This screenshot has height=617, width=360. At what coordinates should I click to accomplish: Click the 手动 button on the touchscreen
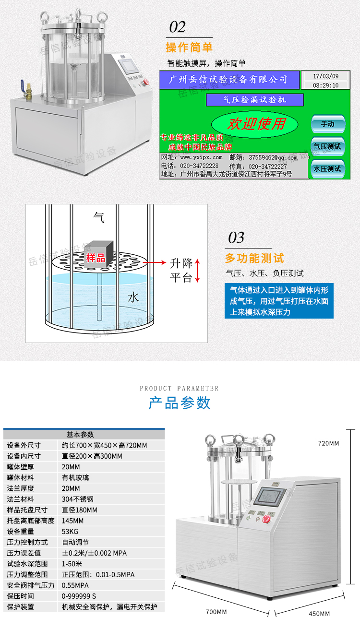click(x=328, y=124)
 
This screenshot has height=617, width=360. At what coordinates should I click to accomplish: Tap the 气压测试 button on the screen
click(x=327, y=146)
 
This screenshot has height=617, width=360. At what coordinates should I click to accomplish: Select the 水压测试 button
click(x=327, y=168)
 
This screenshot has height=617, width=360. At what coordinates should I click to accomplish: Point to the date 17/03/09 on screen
click(x=325, y=76)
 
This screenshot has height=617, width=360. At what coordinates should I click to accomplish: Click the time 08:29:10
click(x=325, y=85)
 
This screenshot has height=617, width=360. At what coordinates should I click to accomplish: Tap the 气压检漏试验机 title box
click(x=255, y=100)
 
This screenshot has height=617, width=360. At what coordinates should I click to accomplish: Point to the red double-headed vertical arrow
click(x=197, y=270)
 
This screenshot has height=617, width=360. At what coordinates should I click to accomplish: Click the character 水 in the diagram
click(x=133, y=297)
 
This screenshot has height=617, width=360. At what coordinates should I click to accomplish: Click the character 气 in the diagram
click(x=99, y=217)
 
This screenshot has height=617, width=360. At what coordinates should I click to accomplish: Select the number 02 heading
click(x=177, y=27)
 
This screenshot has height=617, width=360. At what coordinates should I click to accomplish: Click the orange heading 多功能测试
click(x=254, y=258)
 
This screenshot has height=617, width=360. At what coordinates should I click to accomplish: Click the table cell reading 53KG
click(x=70, y=531)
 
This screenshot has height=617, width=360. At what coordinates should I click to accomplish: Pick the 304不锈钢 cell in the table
click(x=78, y=499)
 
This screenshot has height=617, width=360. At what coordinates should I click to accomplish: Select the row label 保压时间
click(x=21, y=596)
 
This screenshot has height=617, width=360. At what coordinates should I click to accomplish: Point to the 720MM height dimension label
click(x=328, y=443)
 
